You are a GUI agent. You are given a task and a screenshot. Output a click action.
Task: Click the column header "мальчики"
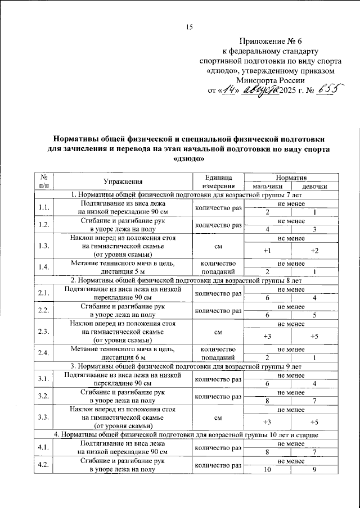[x=267, y=186]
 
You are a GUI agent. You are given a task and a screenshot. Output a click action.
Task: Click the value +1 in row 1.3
[x=267, y=250]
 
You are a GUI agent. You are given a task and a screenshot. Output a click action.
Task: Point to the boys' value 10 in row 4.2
[x=267, y=470]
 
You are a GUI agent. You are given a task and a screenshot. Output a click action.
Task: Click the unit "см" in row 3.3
[x=218, y=418]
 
